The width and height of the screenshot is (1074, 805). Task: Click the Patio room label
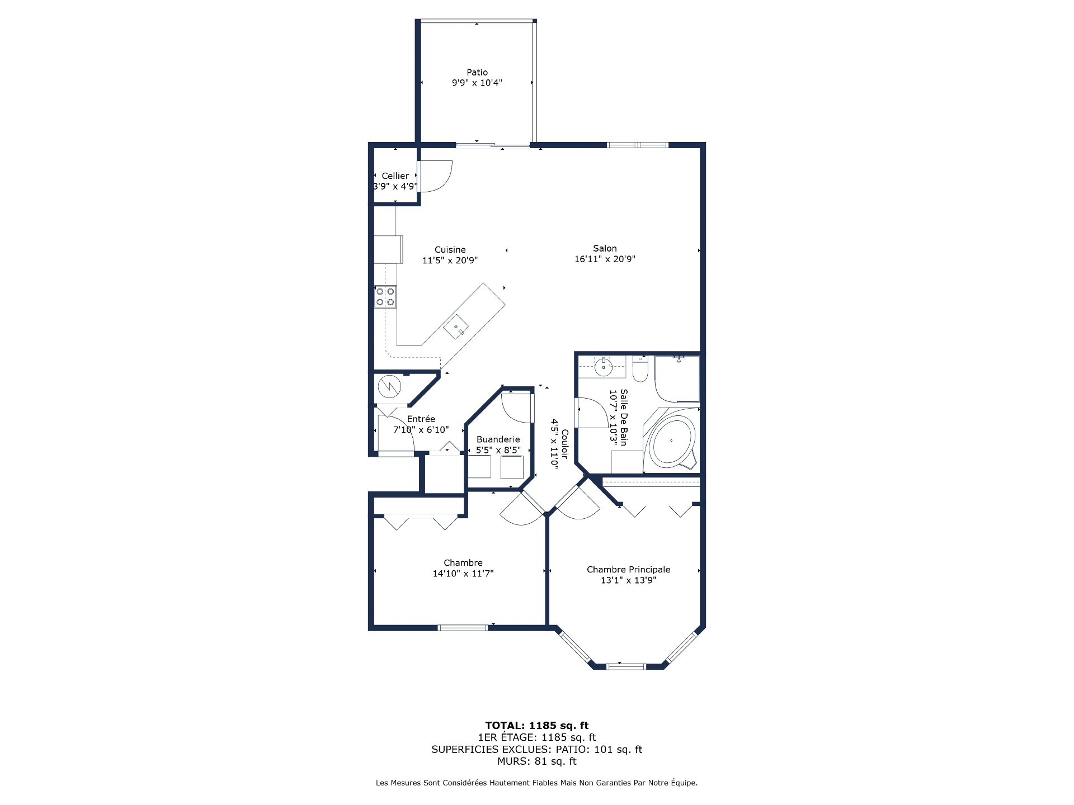[x=477, y=72]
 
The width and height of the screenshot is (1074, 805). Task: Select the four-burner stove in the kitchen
[x=385, y=296]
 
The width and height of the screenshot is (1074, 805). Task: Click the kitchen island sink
[x=456, y=327]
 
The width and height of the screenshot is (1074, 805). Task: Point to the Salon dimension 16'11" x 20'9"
[x=605, y=259]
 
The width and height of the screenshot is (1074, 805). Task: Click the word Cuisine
[x=450, y=250]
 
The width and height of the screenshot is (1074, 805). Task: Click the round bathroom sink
[x=604, y=367]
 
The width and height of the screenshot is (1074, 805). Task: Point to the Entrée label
[x=421, y=419]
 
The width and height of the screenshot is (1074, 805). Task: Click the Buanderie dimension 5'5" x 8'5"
[x=498, y=450]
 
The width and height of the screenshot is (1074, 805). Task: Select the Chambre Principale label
[x=628, y=570]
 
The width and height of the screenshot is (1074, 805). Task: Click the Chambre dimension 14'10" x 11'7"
[x=463, y=574]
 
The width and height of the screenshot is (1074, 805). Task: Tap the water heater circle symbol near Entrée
[x=389, y=386]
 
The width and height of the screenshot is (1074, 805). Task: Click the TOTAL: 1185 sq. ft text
[x=537, y=726]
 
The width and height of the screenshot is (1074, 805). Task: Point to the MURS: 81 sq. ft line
[x=537, y=761]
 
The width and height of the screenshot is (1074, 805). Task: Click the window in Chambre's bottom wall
[x=463, y=627]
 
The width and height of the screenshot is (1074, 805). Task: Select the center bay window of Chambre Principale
[x=626, y=666]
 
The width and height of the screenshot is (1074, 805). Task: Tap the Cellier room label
[x=395, y=176]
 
